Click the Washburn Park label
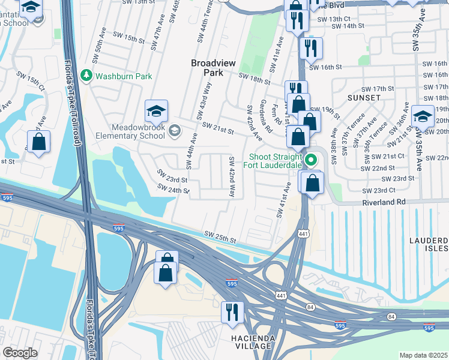point(123,76)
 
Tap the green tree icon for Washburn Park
point(86,76)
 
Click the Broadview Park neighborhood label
point(207,67)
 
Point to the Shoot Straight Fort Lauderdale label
point(276,164)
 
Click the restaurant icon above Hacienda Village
point(231,313)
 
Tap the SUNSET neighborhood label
point(364,97)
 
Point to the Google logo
point(20,353)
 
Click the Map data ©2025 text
point(423,355)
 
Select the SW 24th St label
point(173,189)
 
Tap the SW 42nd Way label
point(231,176)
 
